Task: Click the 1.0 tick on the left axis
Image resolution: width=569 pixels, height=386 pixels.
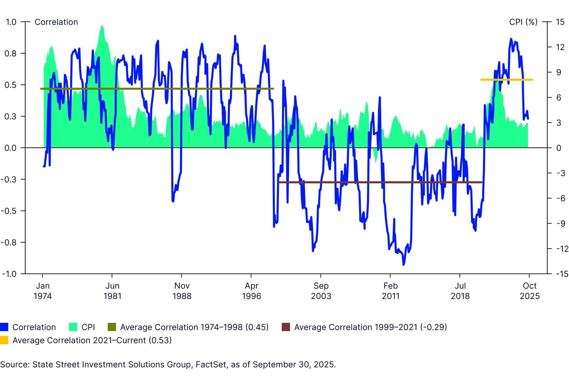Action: [11, 22]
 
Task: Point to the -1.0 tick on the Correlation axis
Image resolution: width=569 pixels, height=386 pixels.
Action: [10, 274]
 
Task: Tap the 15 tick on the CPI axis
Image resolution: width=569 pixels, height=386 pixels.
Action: [560, 22]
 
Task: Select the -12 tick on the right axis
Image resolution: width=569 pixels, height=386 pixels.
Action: [561, 249]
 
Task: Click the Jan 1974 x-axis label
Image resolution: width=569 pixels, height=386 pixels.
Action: [43, 291]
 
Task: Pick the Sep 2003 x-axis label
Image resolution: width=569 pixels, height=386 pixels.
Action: [321, 291]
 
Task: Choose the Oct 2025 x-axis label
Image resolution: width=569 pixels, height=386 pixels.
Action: [530, 291]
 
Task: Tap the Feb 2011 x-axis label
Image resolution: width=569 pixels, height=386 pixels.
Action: [390, 291]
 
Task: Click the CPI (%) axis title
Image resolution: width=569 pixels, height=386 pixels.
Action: [523, 22]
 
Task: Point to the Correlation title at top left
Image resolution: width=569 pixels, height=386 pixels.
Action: [56, 22]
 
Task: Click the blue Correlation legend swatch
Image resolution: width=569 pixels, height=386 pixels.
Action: [4, 327]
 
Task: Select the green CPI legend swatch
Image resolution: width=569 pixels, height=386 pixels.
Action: [73, 327]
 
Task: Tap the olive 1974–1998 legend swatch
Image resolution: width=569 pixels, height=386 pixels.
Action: [112, 327]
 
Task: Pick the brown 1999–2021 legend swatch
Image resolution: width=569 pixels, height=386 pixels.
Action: [286, 327]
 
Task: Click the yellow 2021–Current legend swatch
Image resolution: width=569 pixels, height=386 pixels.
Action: [4, 340]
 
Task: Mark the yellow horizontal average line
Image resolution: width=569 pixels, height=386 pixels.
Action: [507, 80]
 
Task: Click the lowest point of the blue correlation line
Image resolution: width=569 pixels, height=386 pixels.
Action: [404, 264]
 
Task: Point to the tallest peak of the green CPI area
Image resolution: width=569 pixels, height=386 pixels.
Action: [102, 26]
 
